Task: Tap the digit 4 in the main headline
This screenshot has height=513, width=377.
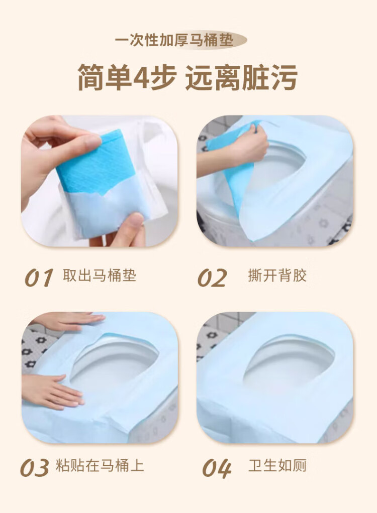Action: pyautogui.click(x=142, y=77)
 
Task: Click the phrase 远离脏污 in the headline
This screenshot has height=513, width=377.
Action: pyautogui.click(x=241, y=77)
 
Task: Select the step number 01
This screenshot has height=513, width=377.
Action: pyautogui.click(x=39, y=278)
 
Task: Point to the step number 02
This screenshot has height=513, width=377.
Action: pyautogui.click(x=212, y=278)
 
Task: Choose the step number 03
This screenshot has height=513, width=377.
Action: pyautogui.click(x=34, y=467)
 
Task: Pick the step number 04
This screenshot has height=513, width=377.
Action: pyautogui.click(x=217, y=468)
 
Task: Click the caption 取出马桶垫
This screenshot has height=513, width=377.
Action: pyautogui.click(x=99, y=276)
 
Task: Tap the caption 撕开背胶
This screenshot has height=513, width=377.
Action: pyautogui.click(x=277, y=276)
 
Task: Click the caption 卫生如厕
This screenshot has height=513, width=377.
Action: pyautogui.click(x=277, y=465)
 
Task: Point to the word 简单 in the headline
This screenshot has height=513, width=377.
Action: pyautogui.click(x=105, y=77)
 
